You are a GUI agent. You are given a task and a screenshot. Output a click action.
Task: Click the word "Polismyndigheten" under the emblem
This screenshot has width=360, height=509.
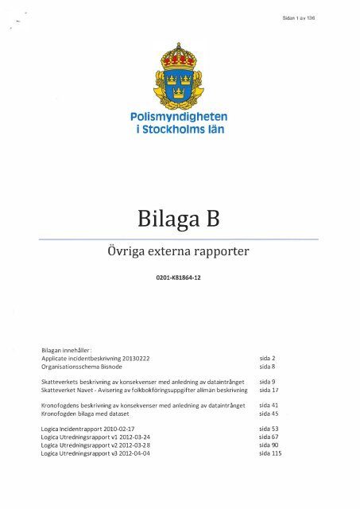click(x=180, y=119)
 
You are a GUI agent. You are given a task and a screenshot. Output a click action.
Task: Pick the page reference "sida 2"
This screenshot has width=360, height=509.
click(x=267, y=359)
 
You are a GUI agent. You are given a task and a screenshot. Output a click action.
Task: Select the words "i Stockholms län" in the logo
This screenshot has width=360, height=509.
click(x=180, y=130)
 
